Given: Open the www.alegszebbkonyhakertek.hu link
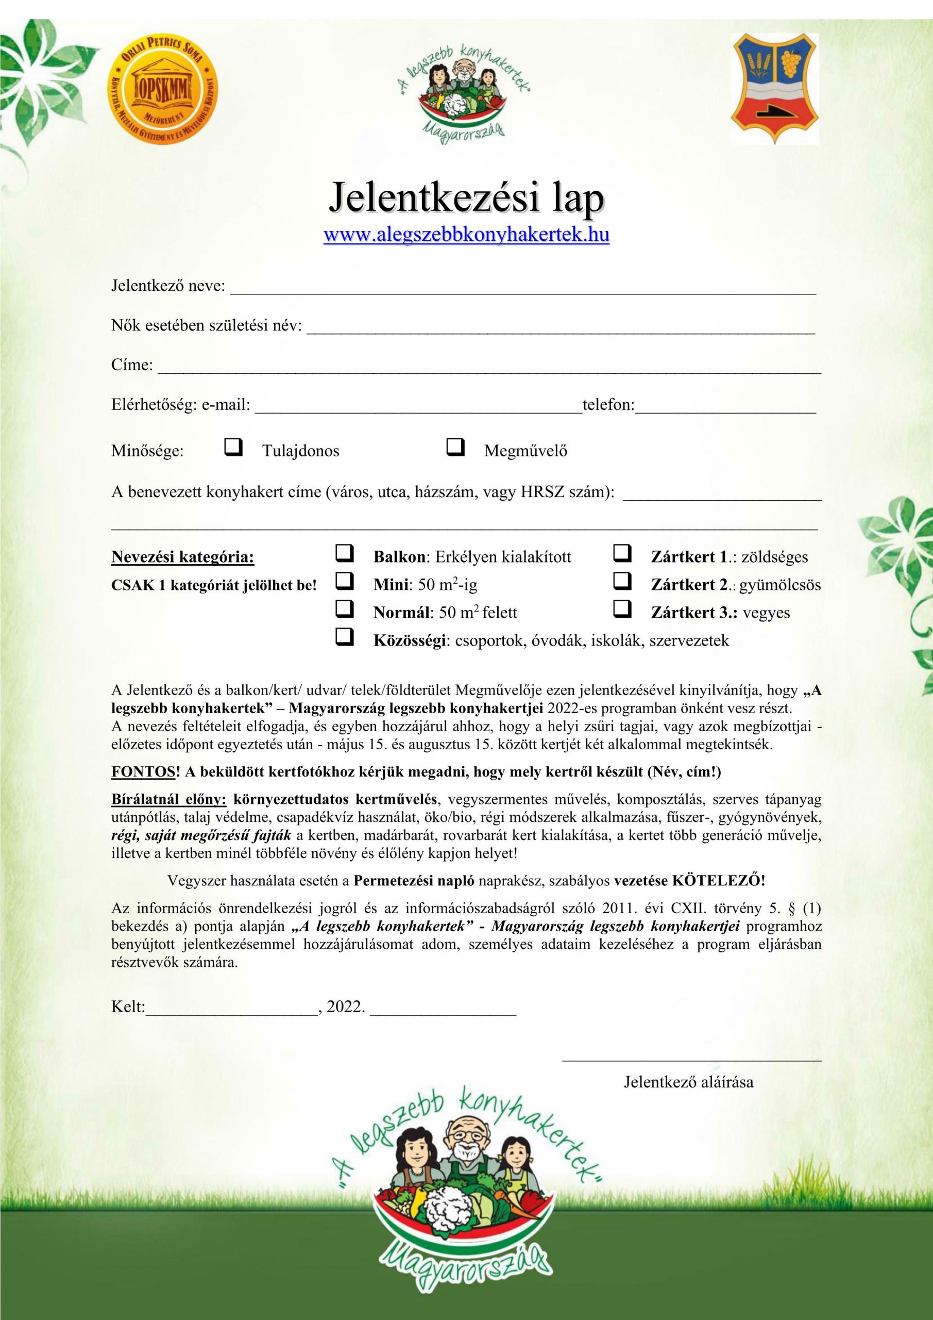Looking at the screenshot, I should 467,235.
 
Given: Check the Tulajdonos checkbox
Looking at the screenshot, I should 233,447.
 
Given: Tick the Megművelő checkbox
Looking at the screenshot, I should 455,447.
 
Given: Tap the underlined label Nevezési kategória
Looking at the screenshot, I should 183,556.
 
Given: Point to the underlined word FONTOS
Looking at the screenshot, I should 143,771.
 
